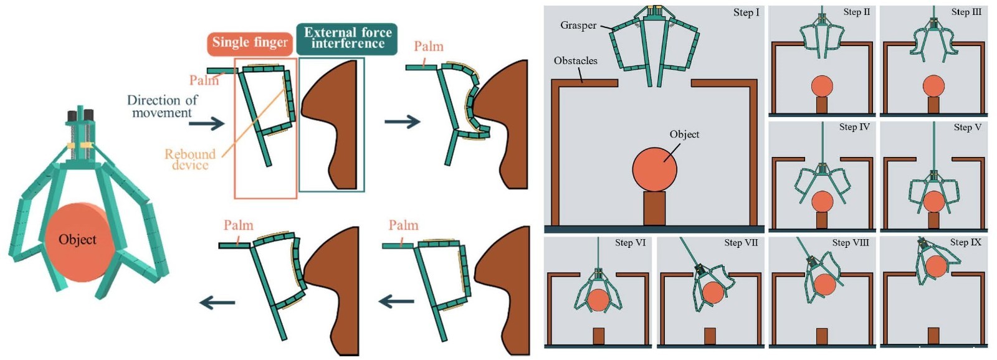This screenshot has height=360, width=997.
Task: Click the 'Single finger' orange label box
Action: click(x=250, y=42)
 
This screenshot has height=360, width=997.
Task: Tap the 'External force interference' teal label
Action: click(x=347, y=38)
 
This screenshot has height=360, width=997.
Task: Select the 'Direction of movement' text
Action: click(x=162, y=107)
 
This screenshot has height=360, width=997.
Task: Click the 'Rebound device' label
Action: click(x=190, y=159)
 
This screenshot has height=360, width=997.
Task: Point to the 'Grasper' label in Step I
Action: click(x=578, y=26)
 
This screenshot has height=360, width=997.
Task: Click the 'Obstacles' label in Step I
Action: click(x=575, y=61)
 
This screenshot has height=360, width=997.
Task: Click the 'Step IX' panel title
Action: click(x=965, y=242)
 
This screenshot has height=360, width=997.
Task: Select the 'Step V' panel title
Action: click(x=967, y=127)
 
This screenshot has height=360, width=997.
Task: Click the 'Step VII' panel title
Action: click(x=741, y=242)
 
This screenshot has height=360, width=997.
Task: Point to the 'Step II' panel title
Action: click(x=856, y=12)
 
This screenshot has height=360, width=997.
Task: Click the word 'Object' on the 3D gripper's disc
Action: click(x=77, y=240)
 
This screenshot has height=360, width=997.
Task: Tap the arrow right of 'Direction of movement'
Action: click(x=207, y=123)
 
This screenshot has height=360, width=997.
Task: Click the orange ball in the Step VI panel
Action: click(x=598, y=300)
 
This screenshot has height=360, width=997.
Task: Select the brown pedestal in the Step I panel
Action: click(x=654, y=208)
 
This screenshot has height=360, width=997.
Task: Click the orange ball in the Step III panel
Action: click(x=933, y=86)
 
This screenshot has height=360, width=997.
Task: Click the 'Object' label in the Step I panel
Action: click(x=684, y=135)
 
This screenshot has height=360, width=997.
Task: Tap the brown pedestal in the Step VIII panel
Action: click(x=822, y=336)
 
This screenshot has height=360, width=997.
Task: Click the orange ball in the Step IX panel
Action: click(x=936, y=267)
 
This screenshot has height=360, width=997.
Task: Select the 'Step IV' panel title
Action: click(x=854, y=127)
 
